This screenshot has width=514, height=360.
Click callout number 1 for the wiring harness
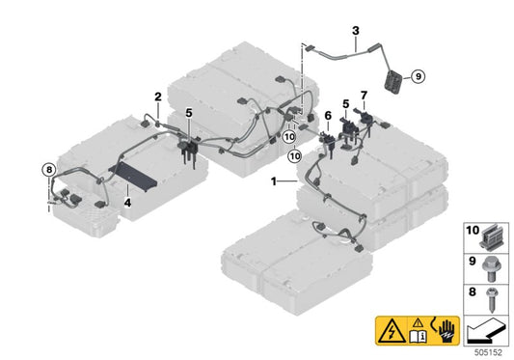[x=274, y=181]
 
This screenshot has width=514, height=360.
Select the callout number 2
[x=157, y=96]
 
